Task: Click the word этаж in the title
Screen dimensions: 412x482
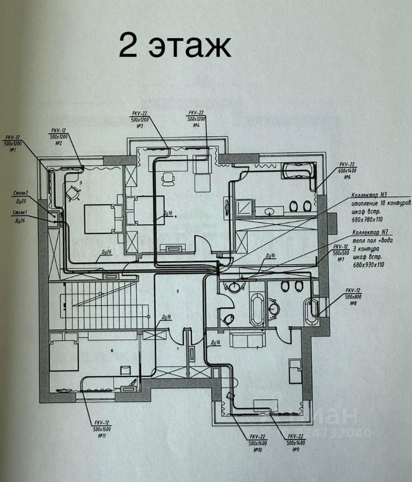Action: coord(189,46)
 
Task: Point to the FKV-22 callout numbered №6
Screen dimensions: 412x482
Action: coord(347,171)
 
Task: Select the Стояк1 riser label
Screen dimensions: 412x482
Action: coord(21,213)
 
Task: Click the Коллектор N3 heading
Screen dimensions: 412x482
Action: coord(370,194)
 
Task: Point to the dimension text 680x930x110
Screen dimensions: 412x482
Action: coord(368,264)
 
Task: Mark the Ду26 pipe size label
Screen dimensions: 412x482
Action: coord(105,252)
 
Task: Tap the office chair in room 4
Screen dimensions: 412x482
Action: coord(168,177)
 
